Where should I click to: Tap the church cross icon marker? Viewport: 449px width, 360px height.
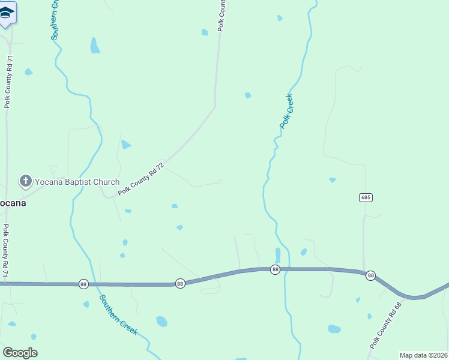pos(25,181)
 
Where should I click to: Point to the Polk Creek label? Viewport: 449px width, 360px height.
pos(286,111)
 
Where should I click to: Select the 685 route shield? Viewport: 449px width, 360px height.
pos(366,197)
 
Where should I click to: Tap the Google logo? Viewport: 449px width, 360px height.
pos(20,353)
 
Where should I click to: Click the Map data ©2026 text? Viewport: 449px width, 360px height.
pos(424,355)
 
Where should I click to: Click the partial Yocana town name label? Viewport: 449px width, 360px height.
pos(12,202)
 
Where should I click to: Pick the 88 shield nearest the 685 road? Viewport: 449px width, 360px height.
pos(371,275)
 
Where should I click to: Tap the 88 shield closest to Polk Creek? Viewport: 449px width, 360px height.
pos(275,270)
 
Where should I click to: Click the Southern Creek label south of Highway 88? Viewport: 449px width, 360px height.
pos(119,314)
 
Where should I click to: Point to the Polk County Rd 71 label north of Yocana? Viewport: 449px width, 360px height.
pos(8,82)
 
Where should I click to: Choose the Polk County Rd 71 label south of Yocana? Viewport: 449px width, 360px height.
pos(6,251)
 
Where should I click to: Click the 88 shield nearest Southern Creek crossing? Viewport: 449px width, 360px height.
pos(83,283)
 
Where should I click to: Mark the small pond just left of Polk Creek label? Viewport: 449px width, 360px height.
pos(248,95)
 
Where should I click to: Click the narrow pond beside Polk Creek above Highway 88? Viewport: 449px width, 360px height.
pos(277,255)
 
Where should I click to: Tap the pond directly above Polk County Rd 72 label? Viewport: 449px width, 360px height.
pos(125,145)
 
